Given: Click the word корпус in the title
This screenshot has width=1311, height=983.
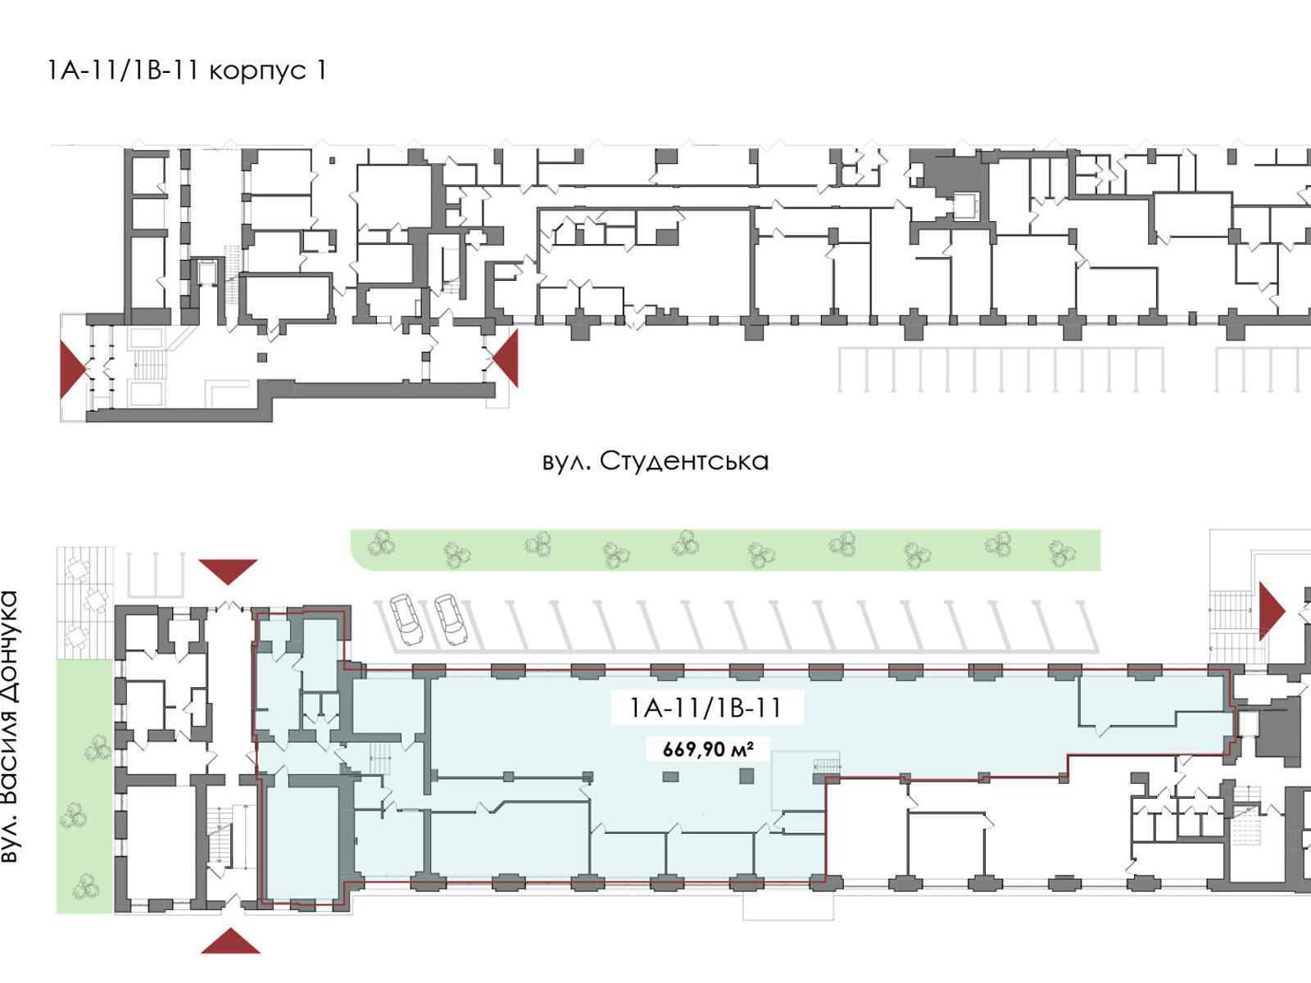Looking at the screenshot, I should (256, 71).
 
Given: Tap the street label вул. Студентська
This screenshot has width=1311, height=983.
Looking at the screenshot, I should (655, 461).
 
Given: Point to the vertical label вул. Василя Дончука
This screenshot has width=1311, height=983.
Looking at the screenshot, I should (10, 727).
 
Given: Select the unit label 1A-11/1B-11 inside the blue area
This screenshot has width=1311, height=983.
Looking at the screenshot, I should (705, 708).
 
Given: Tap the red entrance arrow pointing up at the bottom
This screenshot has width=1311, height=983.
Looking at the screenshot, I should (230, 941).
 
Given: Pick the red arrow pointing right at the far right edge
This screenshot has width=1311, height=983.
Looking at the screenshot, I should (1271, 610).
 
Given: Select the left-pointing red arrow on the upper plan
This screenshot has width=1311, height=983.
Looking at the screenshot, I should (506, 358).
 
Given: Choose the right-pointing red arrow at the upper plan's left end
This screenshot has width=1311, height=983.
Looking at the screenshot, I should (71, 369).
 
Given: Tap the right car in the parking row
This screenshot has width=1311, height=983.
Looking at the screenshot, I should (450, 618).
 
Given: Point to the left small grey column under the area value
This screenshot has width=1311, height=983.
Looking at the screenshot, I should (670, 776).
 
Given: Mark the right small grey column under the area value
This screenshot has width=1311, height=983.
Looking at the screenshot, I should (746, 775).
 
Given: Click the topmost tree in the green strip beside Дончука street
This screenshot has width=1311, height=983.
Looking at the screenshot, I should (98, 747).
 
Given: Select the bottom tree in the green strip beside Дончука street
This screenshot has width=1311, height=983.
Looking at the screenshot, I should (85, 886).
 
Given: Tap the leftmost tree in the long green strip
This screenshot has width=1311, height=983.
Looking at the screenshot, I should (380, 543).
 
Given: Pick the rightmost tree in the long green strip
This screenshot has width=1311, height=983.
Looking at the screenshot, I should (1060, 555).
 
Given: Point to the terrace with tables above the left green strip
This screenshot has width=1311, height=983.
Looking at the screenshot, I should (84, 600).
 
